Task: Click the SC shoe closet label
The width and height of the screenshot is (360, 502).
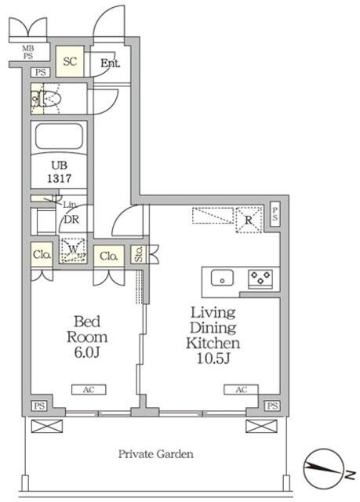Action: tap(70, 61)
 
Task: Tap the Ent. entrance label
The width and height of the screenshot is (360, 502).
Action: tap(110, 63)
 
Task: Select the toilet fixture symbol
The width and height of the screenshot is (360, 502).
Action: tap(45, 98)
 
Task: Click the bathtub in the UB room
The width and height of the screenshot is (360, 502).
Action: tap(59, 136)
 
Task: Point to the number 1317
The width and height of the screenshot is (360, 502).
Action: tap(59, 178)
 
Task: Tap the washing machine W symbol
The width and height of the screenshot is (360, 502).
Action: tap(73, 249)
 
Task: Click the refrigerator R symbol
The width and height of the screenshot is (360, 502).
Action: tap(249, 220)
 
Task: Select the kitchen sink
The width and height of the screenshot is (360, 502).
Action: tap(222, 278)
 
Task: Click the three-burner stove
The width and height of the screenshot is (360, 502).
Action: tap(260, 278)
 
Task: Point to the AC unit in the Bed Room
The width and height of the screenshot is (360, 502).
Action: tap(89, 390)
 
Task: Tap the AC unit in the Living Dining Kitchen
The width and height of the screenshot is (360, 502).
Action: tap(241, 390)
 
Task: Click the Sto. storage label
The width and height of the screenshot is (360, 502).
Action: tap(139, 254)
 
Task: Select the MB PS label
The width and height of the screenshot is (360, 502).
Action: tap(28, 53)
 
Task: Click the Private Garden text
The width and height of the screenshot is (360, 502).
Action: tap(156, 454)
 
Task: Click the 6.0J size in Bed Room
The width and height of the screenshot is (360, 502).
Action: tap(87, 352)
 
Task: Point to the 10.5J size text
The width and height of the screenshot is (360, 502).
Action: tap(213, 358)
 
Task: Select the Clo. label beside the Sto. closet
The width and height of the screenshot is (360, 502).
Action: tap(109, 256)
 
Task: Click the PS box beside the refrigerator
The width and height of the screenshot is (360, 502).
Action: tap(275, 214)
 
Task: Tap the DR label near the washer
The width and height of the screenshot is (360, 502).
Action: tap(71, 220)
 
